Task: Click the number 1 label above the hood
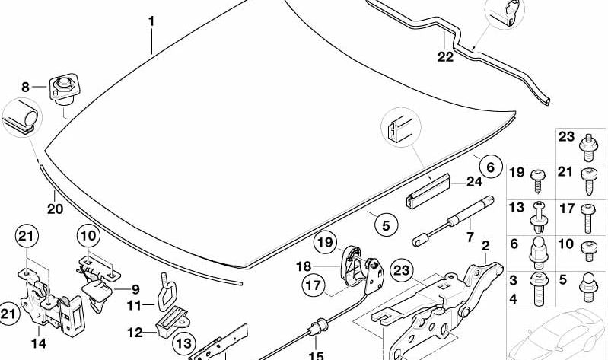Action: pyautogui.click(x=151, y=21)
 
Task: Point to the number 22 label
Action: pyautogui.click(x=445, y=57)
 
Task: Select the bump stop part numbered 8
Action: pyautogui.click(x=63, y=89)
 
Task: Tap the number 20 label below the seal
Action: pyautogui.click(x=55, y=209)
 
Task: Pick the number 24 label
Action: pyautogui.click(x=474, y=182)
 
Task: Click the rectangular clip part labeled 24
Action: pyautogui.click(x=428, y=191)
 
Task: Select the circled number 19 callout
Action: pyautogui.click(x=326, y=243)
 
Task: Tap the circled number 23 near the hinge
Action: pyautogui.click(x=401, y=270)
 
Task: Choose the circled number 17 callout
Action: pyautogui.click(x=314, y=285)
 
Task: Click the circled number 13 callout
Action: pyautogui.click(x=183, y=343)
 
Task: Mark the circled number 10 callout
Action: pyautogui.click(x=88, y=235)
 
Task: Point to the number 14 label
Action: pyautogui.click(x=39, y=343)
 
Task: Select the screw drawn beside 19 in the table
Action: pyautogui.click(x=538, y=181)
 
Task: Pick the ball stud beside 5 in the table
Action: pyautogui.click(x=588, y=288)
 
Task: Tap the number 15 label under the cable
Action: pyautogui.click(x=316, y=355)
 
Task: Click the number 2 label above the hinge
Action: pyautogui.click(x=485, y=246)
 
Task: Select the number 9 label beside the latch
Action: pyautogui.click(x=135, y=289)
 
